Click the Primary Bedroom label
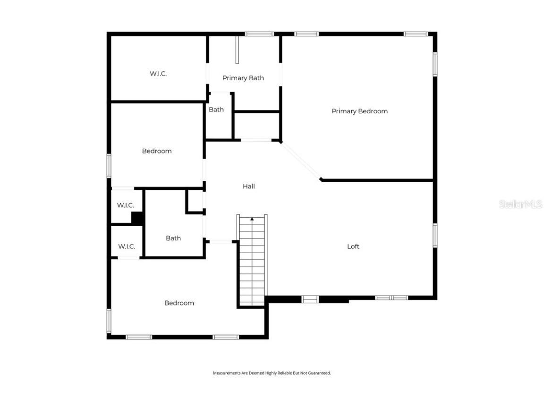tap(359, 111)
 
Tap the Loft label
tap(353, 246)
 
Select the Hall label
tap(249, 187)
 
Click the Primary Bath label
tap(243, 78)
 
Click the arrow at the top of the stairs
tap(252, 219)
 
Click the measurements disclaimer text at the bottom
tap(272, 373)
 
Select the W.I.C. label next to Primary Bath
tap(158, 74)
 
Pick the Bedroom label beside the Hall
tap(157, 151)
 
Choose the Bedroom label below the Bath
tap(179, 303)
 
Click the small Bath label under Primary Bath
tap(216, 110)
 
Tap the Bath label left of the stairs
tap(173, 238)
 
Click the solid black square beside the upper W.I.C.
tap(137, 218)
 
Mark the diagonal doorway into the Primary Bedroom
tap(301, 161)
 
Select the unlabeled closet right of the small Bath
tap(257, 125)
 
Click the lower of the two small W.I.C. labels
tap(127, 246)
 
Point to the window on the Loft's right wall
tap(434, 235)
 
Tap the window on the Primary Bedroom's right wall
tap(434, 64)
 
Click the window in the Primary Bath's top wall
tap(259, 34)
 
